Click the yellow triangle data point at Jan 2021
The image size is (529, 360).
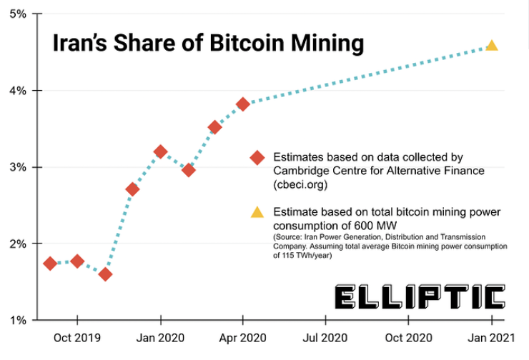[x=491, y=46]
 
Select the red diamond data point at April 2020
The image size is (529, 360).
[x=243, y=104]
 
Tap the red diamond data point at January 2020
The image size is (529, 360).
[x=160, y=151]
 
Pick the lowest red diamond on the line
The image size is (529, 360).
[x=105, y=274]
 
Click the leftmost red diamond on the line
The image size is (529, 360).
[x=50, y=264]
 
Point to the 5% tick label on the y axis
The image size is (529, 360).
[x=18, y=14]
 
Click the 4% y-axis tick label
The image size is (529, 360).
[x=18, y=91]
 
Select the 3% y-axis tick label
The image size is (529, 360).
[x=18, y=167]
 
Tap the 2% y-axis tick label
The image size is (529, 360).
[x=18, y=244]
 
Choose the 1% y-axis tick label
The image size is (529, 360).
[x=18, y=320]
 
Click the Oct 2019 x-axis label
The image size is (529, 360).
[x=78, y=336]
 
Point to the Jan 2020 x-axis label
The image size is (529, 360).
[x=161, y=336]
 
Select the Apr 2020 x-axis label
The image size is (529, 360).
[x=243, y=336]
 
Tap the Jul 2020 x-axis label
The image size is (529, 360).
[x=326, y=336]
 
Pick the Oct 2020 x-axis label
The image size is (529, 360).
[x=409, y=336]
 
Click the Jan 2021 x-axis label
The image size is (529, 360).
[x=492, y=336]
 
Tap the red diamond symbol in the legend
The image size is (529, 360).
[x=257, y=158]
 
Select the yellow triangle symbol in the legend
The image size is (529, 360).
[x=257, y=212]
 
